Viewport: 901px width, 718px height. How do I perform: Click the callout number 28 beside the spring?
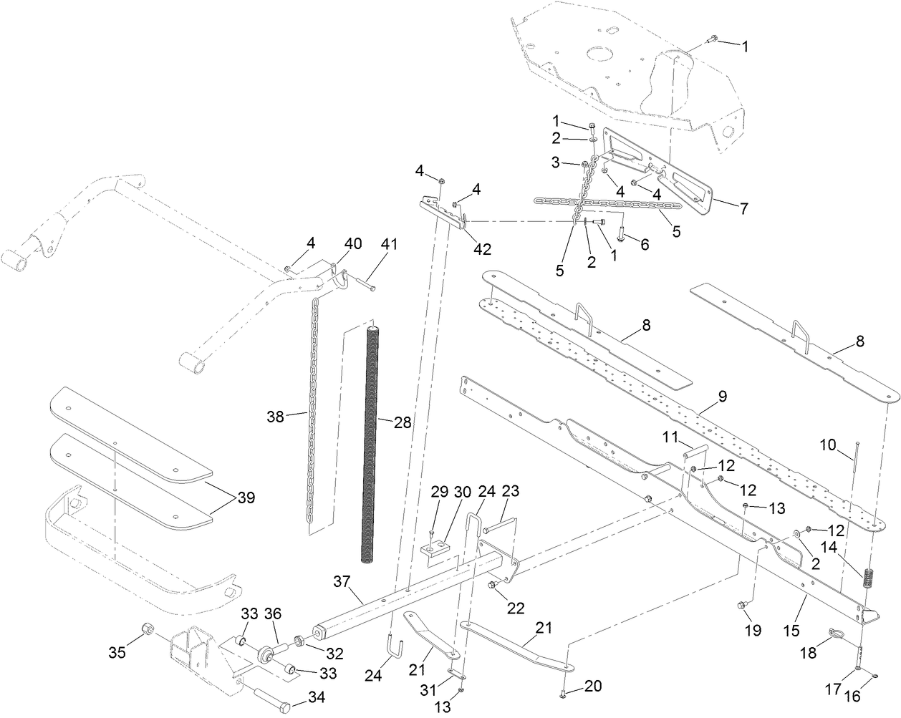(402, 422)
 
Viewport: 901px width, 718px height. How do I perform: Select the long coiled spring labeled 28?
(373, 444)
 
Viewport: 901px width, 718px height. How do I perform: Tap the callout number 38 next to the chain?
(276, 415)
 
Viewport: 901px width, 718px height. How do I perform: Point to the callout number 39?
(246, 497)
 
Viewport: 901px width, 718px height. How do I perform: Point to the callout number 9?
(721, 394)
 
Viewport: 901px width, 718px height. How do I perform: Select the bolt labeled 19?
(742, 607)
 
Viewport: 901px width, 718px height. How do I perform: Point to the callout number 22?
(516, 608)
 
